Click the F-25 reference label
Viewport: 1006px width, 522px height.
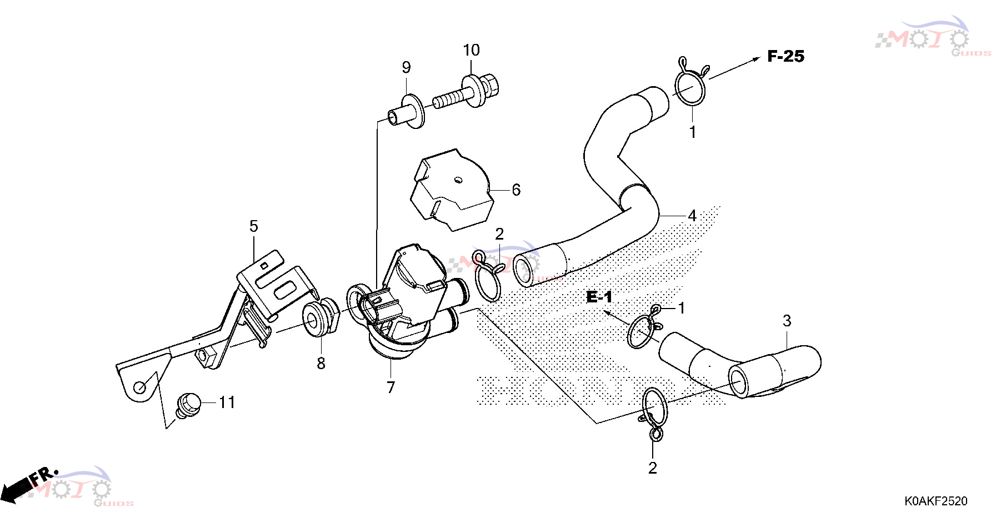(785, 56)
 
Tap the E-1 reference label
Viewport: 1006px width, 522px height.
(599, 297)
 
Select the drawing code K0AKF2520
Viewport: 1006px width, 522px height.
(936, 501)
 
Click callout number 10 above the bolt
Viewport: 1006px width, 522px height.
(472, 50)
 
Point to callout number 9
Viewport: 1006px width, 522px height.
(407, 67)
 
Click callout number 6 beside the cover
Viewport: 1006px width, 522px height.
(516, 190)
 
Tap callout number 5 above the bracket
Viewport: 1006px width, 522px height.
(254, 226)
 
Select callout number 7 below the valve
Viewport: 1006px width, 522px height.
(391, 387)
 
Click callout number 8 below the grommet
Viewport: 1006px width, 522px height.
(321, 364)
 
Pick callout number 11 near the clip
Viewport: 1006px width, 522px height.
(227, 402)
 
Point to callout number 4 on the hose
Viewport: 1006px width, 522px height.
(692, 216)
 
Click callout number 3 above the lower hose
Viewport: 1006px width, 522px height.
(787, 321)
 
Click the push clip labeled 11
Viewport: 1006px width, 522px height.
(188, 405)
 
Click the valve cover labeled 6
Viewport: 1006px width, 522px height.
(452, 190)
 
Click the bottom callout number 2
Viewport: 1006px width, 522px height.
(653, 468)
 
